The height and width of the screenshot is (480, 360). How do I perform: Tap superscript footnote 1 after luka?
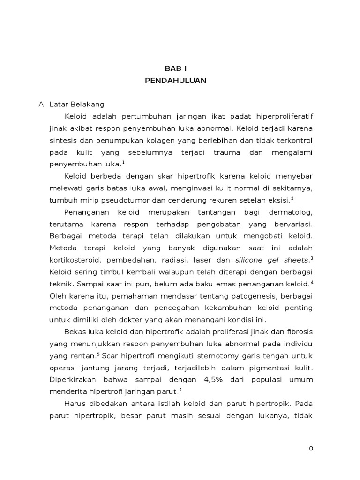(123, 162)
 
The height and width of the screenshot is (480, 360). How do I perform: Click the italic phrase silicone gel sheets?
(272, 260)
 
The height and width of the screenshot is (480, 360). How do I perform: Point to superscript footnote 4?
(312, 282)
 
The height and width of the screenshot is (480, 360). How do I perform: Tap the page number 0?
(311, 449)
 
